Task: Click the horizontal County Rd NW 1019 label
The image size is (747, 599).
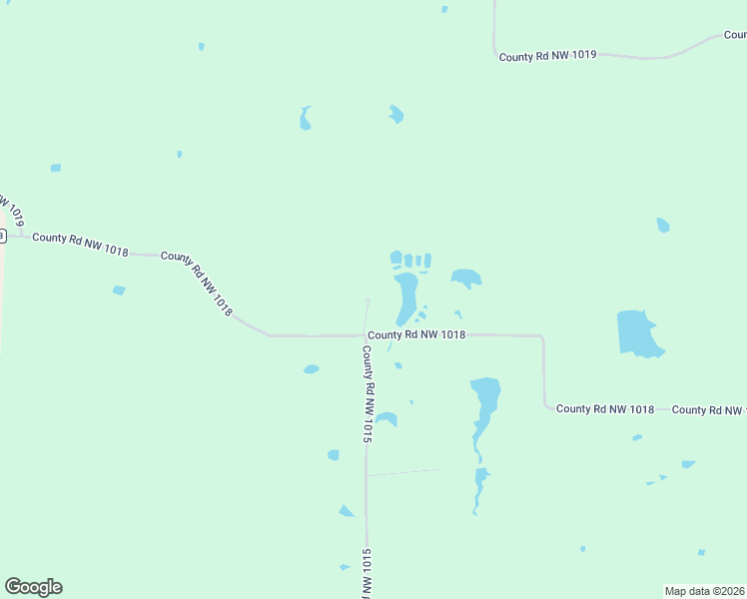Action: click(x=547, y=56)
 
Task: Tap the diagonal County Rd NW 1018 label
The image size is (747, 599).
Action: click(x=197, y=284)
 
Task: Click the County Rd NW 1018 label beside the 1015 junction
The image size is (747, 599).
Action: click(x=415, y=335)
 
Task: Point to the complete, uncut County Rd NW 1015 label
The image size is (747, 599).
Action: click(x=368, y=394)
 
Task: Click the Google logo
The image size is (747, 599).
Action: click(x=33, y=587)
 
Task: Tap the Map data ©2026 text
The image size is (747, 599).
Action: click(x=705, y=590)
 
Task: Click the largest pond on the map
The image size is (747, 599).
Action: click(x=637, y=332)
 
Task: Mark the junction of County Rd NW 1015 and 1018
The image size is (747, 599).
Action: click(x=366, y=335)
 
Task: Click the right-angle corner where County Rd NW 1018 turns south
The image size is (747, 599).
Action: click(x=542, y=337)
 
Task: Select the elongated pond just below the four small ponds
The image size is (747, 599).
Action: click(x=406, y=297)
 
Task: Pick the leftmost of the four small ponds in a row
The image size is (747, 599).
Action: click(x=396, y=259)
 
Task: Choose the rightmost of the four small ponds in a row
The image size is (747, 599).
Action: click(x=427, y=261)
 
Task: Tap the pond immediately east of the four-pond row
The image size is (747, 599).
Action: click(x=465, y=278)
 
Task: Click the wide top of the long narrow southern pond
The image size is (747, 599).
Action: click(x=485, y=388)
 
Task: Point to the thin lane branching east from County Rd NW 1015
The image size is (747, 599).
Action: click(x=404, y=471)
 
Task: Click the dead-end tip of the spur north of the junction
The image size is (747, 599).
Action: click(x=368, y=300)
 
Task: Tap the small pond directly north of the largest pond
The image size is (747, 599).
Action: click(x=663, y=226)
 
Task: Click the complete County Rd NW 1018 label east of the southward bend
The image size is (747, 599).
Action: click(x=604, y=408)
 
